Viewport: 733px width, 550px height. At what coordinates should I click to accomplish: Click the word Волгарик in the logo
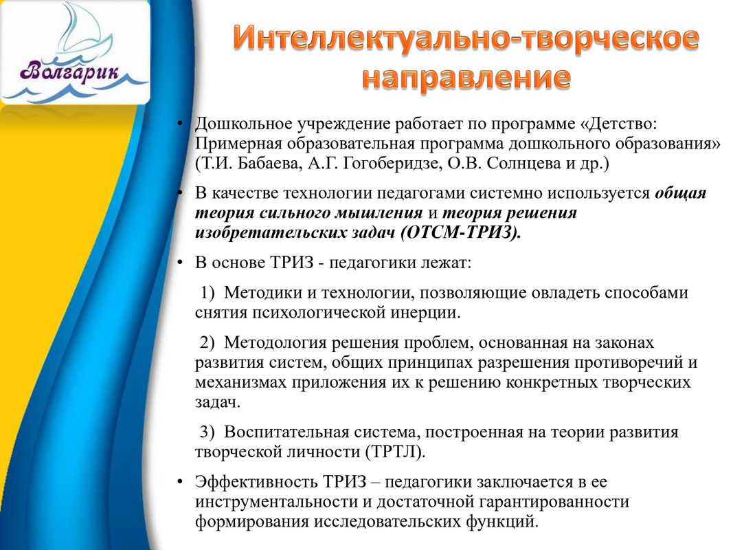point(69,72)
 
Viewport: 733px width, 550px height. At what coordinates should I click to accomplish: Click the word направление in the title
point(466,78)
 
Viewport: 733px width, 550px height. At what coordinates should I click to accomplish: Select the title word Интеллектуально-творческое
point(466,37)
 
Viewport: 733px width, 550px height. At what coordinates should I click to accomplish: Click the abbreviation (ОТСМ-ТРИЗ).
point(460,232)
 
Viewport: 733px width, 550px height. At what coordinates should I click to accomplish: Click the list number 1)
point(207,293)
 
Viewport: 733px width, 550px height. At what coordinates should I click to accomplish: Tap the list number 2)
point(207,342)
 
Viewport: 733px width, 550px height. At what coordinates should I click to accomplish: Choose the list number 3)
point(207,432)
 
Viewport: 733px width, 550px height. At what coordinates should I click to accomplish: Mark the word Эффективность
point(256,482)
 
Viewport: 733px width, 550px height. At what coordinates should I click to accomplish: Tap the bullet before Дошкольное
point(179,124)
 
